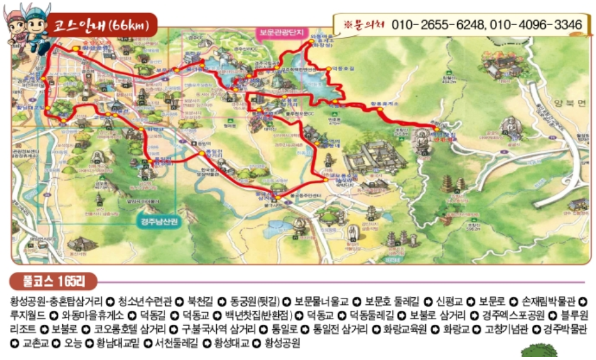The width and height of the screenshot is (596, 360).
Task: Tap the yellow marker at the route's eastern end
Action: [434, 128]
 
